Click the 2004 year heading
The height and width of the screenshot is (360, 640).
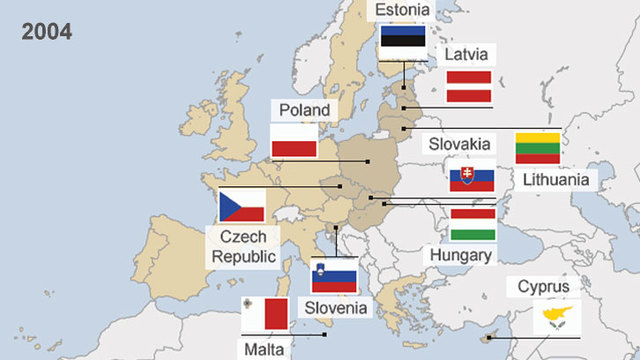tap(47, 32)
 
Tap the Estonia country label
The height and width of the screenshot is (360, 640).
tap(403, 10)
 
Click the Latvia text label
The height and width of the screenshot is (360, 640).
tap(467, 53)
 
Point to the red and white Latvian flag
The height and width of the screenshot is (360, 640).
tap(468, 87)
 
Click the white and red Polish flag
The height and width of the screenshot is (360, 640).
tap(295, 141)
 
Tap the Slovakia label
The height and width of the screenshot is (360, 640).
tap(459, 144)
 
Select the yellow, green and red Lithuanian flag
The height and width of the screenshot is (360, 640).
tap(537, 148)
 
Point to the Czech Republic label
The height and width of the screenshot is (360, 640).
tap(240, 247)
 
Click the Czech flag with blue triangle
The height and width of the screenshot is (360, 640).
tap(241, 206)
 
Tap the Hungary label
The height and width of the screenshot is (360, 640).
tap(460, 256)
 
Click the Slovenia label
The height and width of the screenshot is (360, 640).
tap(337, 307)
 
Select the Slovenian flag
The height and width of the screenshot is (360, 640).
tap(334, 275)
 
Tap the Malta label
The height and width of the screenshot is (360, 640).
tap(263, 349)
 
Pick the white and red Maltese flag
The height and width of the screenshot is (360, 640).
tap(266, 314)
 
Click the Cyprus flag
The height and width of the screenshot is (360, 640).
tap(552, 318)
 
